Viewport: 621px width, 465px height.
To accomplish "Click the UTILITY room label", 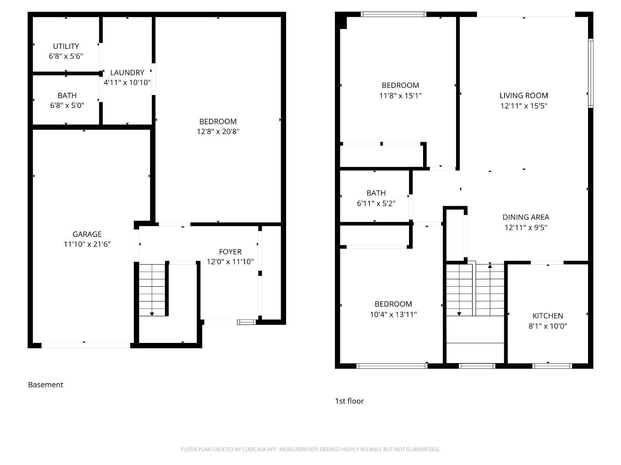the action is pyautogui.click(x=66, y=46).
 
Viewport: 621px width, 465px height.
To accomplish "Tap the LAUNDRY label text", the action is pyautogui.click(x=127, y=72).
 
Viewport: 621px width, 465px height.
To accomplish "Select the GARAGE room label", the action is pyautogui.click(x=87, y=234).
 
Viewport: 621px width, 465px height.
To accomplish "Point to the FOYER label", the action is pyautogui.click(x=230, y=251).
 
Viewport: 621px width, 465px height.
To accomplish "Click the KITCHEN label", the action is pyautogui.click(x=548, y=316).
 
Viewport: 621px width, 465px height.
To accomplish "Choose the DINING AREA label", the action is pyautogui.click(x=526, y=217).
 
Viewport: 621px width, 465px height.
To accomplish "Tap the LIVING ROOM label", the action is pyautogui.click(x=524, y=95).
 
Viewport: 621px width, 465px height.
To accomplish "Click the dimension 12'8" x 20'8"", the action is pyautogui.click(x=218, y=132).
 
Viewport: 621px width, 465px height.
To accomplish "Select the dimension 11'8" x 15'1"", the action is pyautogui.click(x=400, y=96).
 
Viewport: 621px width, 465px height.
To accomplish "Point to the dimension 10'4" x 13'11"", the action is pyautogui.click(x=393, y=315).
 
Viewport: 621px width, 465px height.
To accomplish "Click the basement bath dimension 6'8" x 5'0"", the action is pyautogui.click(x=67, y=105).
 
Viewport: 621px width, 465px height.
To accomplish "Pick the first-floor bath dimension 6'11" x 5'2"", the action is pyautogui.click(x=376, y=203).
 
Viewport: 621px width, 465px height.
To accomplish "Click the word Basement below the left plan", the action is pyautogui.click(x=45, y=384).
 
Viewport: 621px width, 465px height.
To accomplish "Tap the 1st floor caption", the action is pyautogui.click(x=349, y=401).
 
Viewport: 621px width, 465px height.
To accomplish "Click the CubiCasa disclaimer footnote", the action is pyautogui.click(x=310, y=449).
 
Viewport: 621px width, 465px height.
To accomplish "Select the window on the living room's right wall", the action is pyautogui.click(x=590, y=73).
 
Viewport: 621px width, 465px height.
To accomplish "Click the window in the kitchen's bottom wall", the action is pyautogui.click(x=552, y=366).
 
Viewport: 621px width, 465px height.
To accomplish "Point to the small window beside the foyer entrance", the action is pyautogui.click(x=246, y=322).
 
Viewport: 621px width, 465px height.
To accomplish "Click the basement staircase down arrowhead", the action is pyautogui.click(x=152, y=314).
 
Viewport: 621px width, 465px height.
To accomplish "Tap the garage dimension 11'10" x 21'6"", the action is pyautogui.click(x=87, y=244).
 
